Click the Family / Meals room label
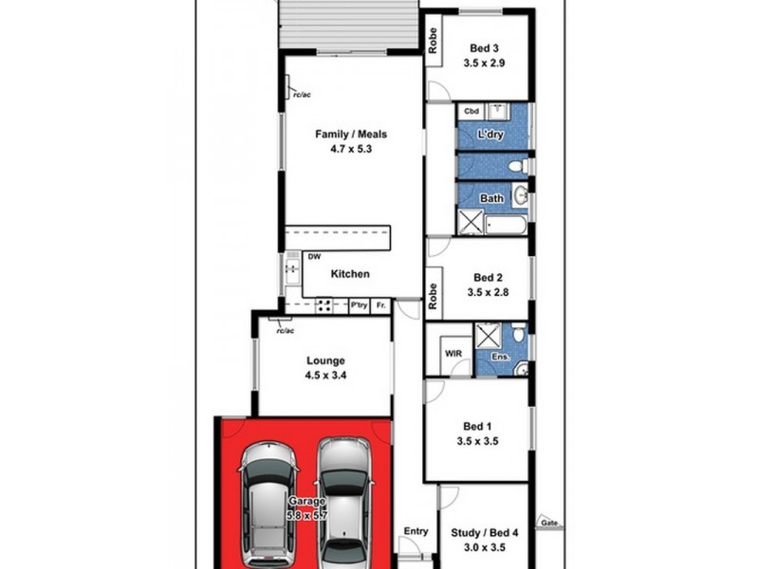(x=351, y=134)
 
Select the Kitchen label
(x=349, y=274)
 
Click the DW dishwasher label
(x=314, y=257)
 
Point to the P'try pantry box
(x=359, y=305)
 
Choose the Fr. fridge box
(x=380, y=305)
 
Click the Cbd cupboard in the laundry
(x=471, y=112)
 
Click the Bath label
(x=491, y=198)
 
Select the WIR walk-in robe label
(x=453, y=354)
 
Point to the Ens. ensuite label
(x=499, y=357)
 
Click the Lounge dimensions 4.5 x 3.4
(x=324, y=376)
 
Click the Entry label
(x=416, y=531)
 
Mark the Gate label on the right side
(x=546, y=523)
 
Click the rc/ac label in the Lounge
(x=284, y=330)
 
